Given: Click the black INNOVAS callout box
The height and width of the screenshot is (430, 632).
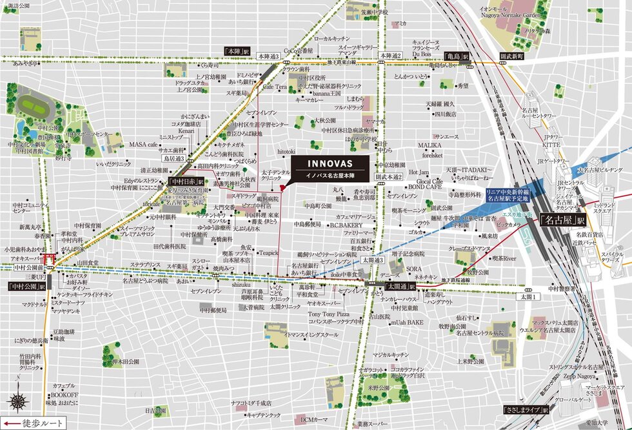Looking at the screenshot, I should (330, 167).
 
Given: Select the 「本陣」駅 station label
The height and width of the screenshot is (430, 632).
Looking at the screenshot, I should (237, 50).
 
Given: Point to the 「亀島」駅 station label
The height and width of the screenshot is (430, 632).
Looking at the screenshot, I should (458, 57).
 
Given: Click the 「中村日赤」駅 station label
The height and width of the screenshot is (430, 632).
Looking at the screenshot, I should (186, 182).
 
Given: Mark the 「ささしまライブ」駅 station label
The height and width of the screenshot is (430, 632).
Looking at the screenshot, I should (526, 409).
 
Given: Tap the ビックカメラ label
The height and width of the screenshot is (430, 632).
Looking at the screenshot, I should (510, 225).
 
